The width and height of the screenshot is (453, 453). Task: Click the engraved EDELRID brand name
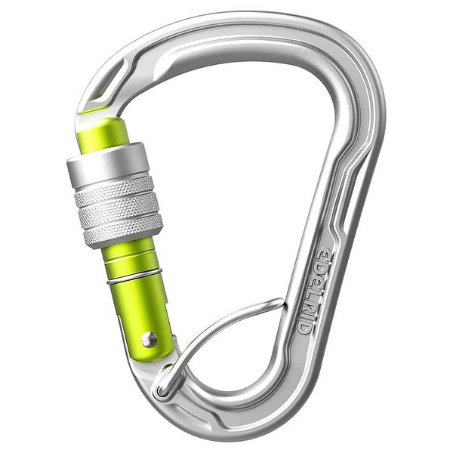[317, 291]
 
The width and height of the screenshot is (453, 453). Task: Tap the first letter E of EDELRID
[325, 253]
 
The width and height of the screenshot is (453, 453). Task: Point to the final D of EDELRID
[304, 327]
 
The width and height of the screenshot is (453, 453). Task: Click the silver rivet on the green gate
[149, 339]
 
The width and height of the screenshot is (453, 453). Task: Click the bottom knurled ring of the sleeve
[124, 232]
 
